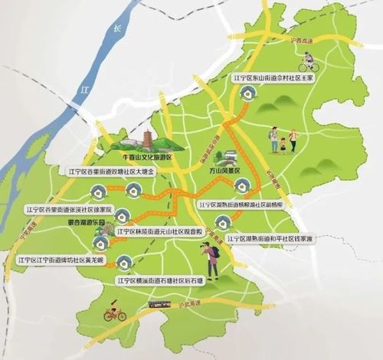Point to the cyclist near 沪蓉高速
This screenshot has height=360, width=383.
point(309,61)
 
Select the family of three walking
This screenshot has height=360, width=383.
point(283,139)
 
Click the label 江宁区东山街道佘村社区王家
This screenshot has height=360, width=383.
point(268,77)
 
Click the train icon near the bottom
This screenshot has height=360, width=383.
point(160,304)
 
